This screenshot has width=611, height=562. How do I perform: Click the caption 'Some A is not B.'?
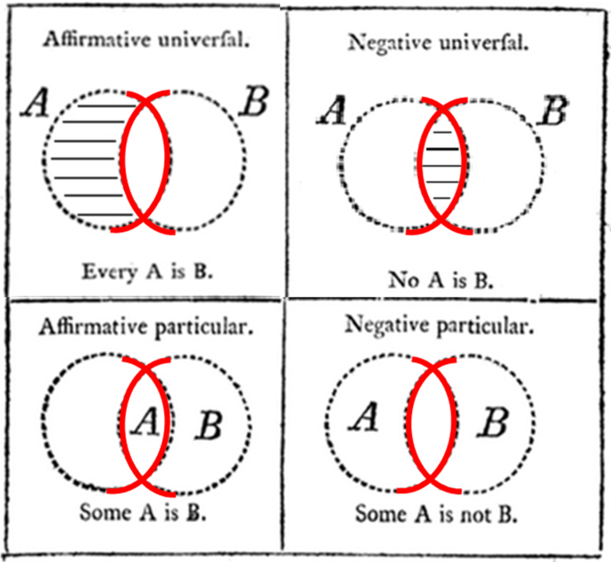coord(437,515)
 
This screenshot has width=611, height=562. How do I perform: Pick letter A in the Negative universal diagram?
coord(333,111)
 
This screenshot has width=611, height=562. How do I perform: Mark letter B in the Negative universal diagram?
coord(554,111)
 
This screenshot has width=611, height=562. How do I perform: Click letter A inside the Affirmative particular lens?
coord(144,421)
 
